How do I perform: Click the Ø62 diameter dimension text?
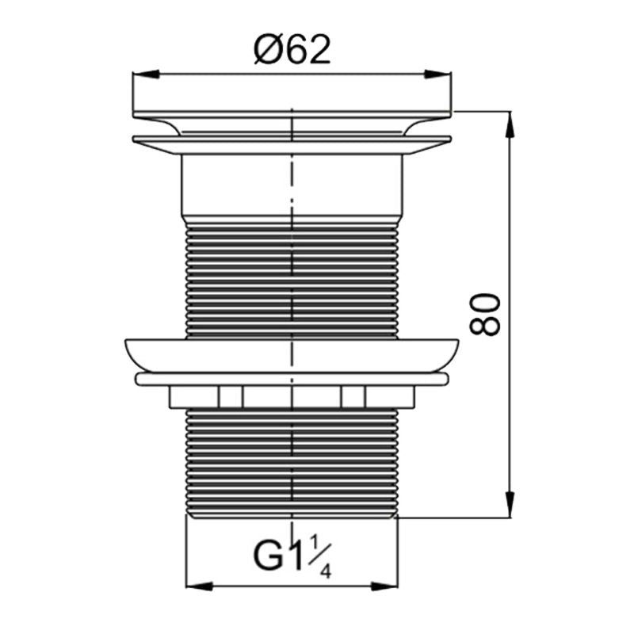click(x=292, y=50)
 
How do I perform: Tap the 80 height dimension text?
click(x=485, y=314)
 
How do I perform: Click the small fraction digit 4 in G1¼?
click(x=326, y=572)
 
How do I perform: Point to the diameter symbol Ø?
click(x=266, y=50)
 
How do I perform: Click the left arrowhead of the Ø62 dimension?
click(x=146, y=74)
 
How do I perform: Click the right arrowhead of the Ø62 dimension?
click(x=437, y=74)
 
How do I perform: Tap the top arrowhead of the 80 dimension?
click(x=510, y=124)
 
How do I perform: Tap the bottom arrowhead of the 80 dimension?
click(x=510, y=504)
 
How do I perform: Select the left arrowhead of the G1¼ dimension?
click(x=199, y=586)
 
